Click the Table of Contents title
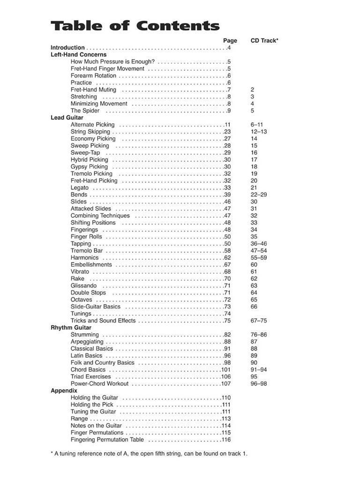[135, 26]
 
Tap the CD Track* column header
[264, 41]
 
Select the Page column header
[230, 41]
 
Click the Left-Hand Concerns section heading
[78, 54]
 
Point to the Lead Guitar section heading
[67, 118]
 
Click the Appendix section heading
[64, 390]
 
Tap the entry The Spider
[85, 111]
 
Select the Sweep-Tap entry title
[85, 153]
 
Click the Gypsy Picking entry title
[89, 166]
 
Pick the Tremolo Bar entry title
[87, 251]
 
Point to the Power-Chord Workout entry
[99, 383]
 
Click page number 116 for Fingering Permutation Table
[226, 440]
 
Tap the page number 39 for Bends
[227, 195]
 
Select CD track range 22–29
[258, 195]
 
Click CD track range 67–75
[259, 321]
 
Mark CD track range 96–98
[259, 383]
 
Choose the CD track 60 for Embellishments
[254, 264]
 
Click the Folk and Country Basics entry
[102, 362]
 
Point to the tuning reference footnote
[149, 454]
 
